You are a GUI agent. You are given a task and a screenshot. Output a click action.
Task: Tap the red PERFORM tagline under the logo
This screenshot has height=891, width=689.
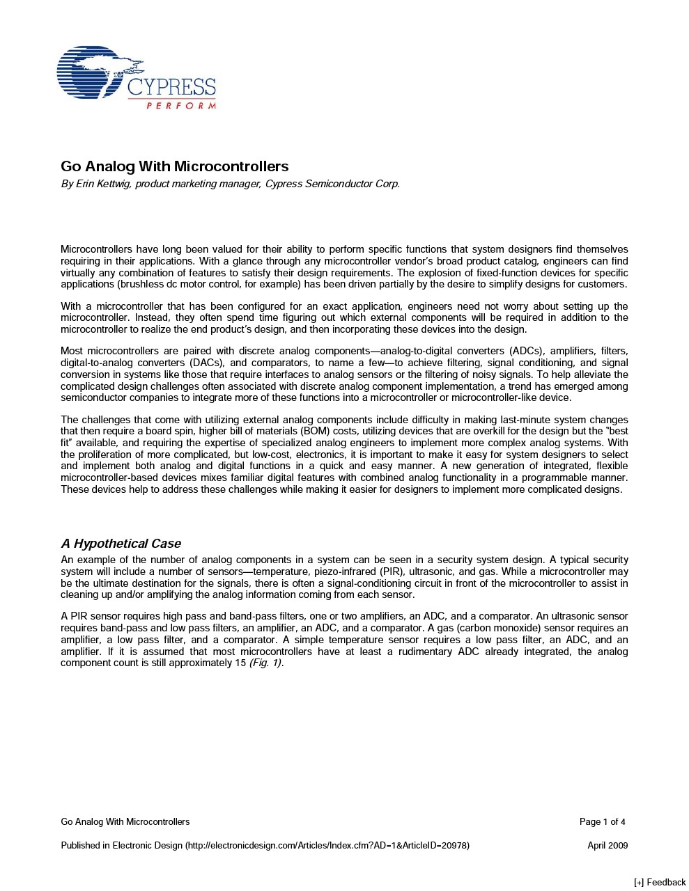point(181,106)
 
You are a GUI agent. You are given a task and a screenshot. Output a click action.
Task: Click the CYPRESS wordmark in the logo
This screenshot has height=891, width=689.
point(171,88)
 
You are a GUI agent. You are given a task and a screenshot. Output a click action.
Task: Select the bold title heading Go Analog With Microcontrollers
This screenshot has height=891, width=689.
point(174,166)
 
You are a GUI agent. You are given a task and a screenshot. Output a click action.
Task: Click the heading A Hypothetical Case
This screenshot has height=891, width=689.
point(121,544)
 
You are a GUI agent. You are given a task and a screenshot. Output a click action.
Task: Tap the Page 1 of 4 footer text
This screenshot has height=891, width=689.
point(602,822)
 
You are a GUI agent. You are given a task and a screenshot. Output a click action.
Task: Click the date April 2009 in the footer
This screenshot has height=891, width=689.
point(607,846)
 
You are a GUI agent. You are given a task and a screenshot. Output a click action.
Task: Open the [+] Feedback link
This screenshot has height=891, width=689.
point(660,883)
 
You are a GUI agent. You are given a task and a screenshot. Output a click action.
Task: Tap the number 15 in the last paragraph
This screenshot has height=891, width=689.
point(240,663)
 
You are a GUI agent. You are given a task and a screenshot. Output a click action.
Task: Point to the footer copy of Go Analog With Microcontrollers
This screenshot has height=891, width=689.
point(125,822)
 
